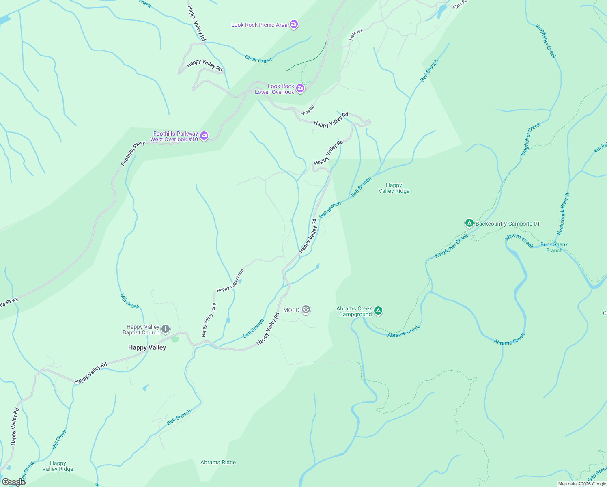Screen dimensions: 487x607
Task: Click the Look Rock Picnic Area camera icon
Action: [294, 24]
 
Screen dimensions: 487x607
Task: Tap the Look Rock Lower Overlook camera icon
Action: [300, 88]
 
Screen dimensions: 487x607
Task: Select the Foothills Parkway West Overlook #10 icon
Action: [204, 136]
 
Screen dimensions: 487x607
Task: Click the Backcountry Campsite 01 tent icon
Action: [469, 223]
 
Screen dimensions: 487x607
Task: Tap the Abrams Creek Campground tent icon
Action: [378, 311]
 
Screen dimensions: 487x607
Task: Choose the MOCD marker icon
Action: [306, 310]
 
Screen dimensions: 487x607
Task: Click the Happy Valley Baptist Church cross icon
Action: [165, 329]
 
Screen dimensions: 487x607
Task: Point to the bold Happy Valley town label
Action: [147, 347]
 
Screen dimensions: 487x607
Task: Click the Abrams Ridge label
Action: [218, 462]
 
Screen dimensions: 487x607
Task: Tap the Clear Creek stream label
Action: [258, 59]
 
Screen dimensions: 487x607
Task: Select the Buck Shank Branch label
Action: [554, 247]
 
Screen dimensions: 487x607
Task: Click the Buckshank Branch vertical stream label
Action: [563, 214]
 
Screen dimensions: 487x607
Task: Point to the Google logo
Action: [14, 482]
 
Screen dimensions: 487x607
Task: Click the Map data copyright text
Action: [581, 484]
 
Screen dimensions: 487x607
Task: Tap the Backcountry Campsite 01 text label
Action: [508, 224]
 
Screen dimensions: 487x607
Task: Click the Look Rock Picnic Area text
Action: [259, 25]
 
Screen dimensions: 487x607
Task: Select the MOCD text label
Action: [291, 310]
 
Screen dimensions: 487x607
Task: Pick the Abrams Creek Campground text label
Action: [354, 311]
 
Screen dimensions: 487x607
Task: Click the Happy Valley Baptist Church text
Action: [141, 330]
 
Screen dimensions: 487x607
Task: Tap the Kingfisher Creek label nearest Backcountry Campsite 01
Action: [452, 246]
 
